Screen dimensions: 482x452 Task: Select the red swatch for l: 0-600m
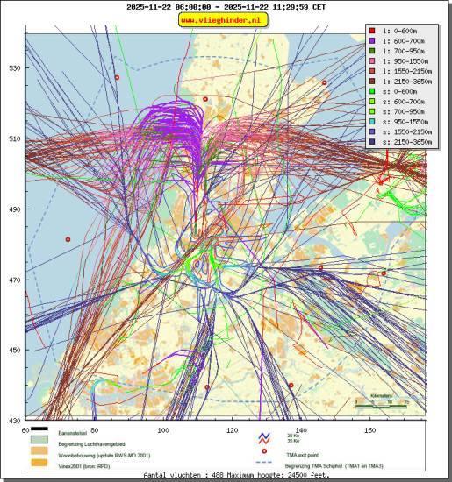click(372, 30)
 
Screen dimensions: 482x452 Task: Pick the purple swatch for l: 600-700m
click(372, 40)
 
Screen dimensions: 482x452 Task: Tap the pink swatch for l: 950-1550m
click(372, 61)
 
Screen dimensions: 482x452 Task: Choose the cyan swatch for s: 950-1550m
click(372, 123)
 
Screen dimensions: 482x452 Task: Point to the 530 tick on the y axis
click(15, 68)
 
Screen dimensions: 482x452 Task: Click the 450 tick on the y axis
click(15, 351)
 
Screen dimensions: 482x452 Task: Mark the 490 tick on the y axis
click(15, 209)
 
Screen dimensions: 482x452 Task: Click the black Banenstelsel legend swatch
click(39, 429)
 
